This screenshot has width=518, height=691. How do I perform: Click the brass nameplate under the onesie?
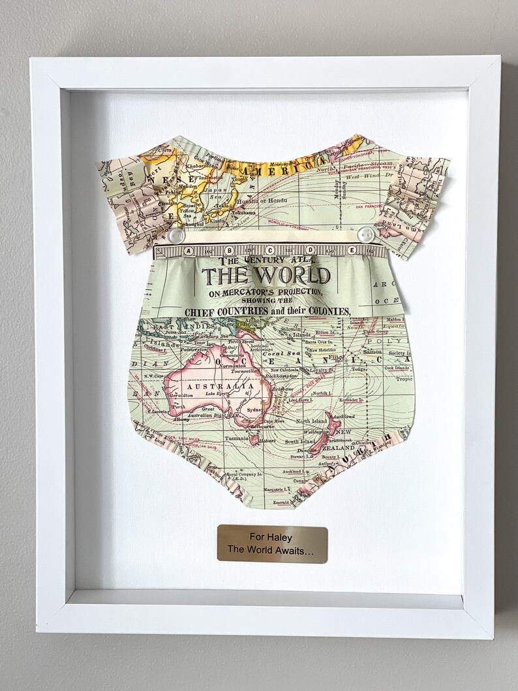coord(272,543)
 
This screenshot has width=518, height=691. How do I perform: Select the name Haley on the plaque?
coord(280,538)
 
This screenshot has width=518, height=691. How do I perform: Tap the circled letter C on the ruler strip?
coord(270,250)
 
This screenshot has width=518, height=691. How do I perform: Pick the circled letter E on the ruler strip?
coord(352,249)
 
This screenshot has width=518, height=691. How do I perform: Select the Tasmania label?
coord(236,439)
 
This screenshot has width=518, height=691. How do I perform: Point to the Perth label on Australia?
coord(177,406)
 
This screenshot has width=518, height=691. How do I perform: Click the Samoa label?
coord(372,351)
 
